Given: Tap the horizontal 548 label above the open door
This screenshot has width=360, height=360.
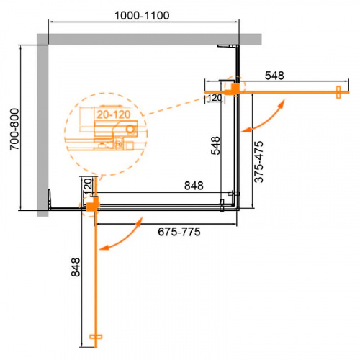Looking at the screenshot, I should click(281, 74).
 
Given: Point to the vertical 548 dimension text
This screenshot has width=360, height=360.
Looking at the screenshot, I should click(215, 147).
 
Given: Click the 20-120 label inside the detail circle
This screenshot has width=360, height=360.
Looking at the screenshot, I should click(110, 114).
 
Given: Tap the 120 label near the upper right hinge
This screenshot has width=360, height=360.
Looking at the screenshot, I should click(214, 98).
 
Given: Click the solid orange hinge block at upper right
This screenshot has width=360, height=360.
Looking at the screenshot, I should click(233, 88).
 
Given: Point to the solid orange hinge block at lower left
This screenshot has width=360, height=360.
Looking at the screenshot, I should click(90, 208).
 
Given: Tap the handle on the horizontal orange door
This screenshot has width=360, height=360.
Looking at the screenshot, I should click(338, 89).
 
